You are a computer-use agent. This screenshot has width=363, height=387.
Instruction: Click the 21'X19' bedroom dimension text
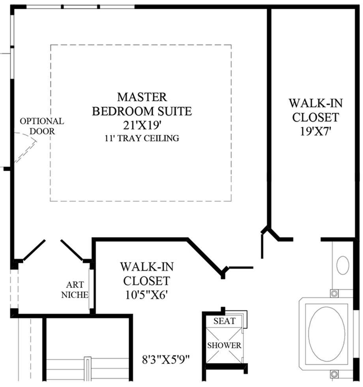click(142, 125)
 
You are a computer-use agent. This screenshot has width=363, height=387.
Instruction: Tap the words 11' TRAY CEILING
click(142, 138)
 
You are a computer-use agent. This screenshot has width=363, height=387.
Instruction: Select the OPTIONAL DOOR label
click(42, 126)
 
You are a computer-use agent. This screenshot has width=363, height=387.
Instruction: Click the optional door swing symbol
click(25, 147)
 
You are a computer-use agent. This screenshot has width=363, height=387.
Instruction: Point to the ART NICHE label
click(75, 290)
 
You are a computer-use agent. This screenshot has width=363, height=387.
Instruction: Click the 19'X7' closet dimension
click(315, 132)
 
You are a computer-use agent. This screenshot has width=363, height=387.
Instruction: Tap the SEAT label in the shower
click(225, 321)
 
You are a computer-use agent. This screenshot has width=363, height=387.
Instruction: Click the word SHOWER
click(224, 345)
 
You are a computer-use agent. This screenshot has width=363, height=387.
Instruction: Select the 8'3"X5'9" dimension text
click(166, 359)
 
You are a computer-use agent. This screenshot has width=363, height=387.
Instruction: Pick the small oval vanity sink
click(342, 265)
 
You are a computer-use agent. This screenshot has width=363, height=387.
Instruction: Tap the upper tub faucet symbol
click(334, 293)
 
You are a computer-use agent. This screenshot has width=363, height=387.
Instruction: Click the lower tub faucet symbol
click(334, 374)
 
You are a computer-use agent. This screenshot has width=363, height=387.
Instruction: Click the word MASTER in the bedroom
click(142, 97)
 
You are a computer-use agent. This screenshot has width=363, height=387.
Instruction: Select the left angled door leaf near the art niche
click(34, 250)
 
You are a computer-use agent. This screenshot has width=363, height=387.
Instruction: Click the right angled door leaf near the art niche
click(72, 249)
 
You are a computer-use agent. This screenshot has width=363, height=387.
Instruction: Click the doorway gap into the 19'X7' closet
click(307, 240)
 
